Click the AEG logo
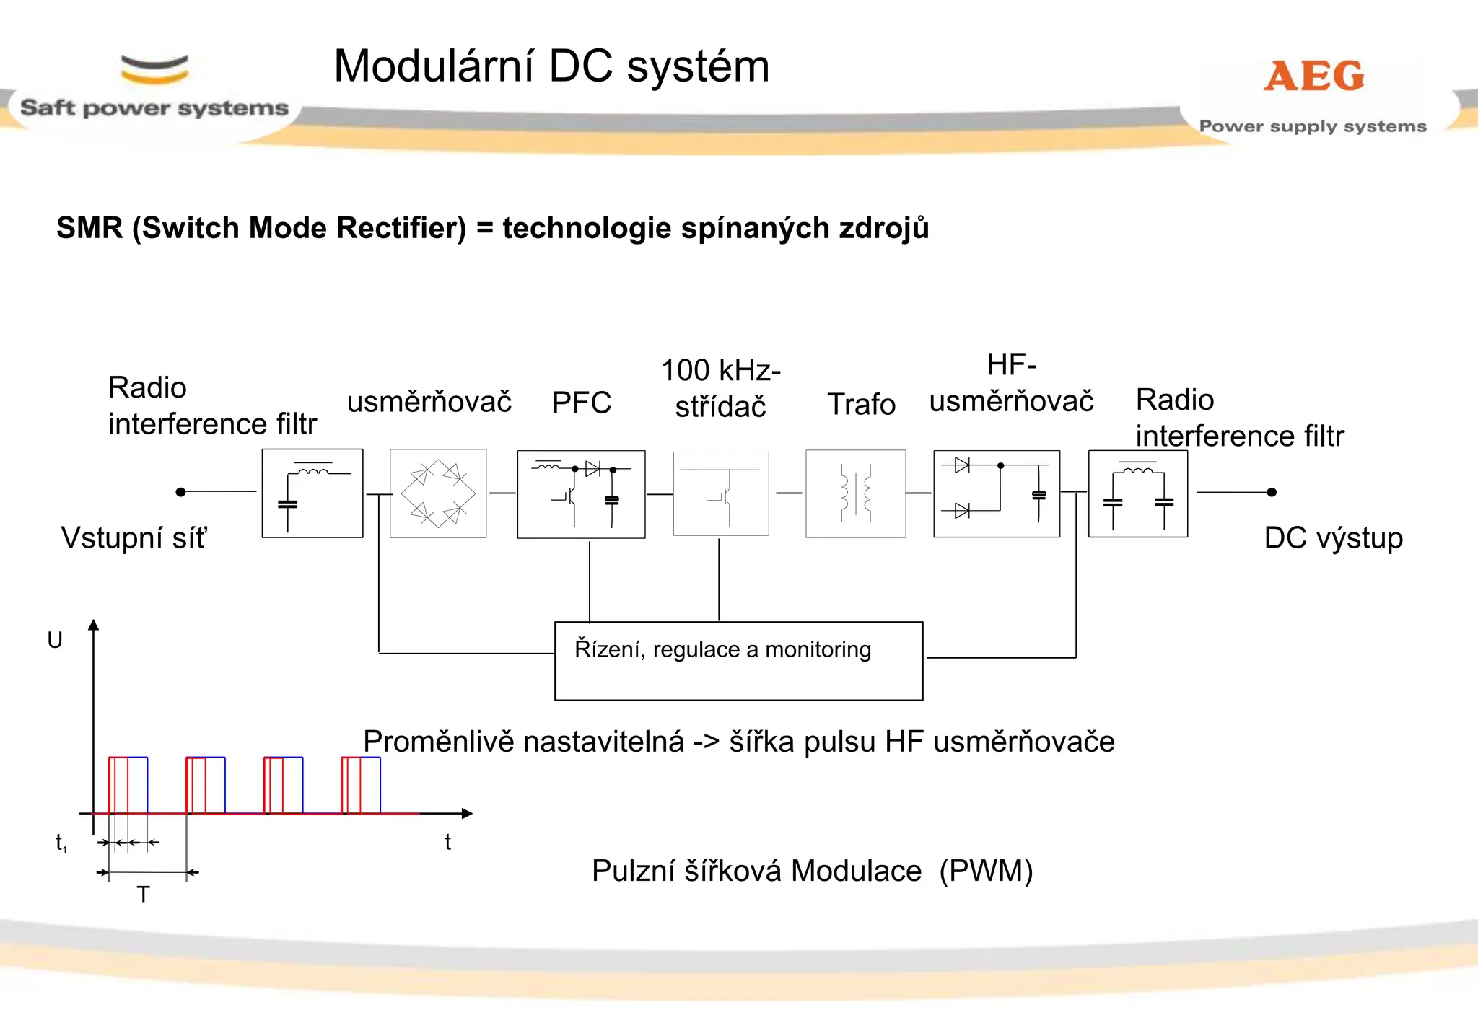coord(1313,76)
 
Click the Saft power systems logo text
coord(154,108)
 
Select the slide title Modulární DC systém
coord(551,66)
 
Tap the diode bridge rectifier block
coord(438,493)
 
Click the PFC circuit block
coord(581,494)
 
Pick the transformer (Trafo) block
coord(855,493)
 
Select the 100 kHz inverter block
coord(720,493)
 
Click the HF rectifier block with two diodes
coord(996,493)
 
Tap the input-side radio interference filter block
coord(312,493)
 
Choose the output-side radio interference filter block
coord(1137,493)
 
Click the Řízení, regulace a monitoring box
coord(738,660)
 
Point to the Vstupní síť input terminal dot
coord(181,492)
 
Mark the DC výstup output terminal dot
coord(1272,492)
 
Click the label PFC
coord(581,403)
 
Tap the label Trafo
coord(861,404)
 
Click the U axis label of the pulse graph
coord(55,640)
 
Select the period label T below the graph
coord(143,895)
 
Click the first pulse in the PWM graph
coord(128,785)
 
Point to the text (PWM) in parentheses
coord(986,871)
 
